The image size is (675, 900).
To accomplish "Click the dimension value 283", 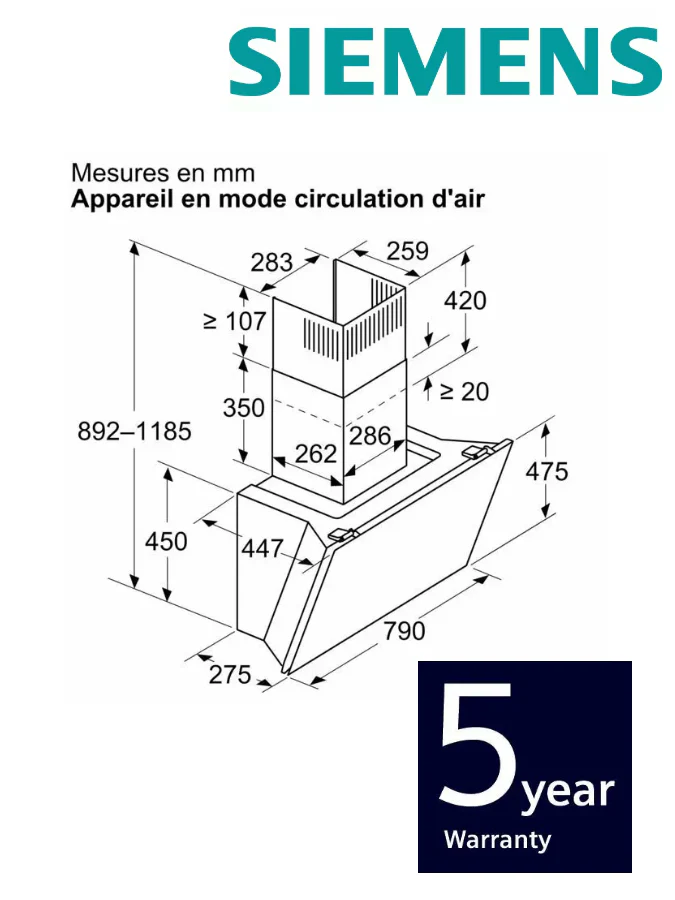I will [x=272, y=263].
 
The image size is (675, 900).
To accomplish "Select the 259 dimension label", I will [x=408, y=251].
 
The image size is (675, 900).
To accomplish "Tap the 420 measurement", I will [x=466, y=299].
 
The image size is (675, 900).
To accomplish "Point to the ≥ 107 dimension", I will [x=235, y=321].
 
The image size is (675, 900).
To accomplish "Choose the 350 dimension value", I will [x=244, y=408].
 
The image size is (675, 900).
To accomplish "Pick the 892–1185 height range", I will [x=134, y=432].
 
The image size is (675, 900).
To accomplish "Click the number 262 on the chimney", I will [x=316, y=454].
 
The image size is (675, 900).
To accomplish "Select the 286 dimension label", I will [x=369, y=435].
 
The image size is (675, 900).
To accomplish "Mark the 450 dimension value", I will [x=166, y=541].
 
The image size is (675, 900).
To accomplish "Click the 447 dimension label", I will [x=262, y=548].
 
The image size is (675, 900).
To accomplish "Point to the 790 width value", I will [x=404, y=630].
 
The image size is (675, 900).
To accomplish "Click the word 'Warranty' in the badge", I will [x=497, y=839].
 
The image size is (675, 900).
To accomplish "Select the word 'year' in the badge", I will [x=567, y=793].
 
